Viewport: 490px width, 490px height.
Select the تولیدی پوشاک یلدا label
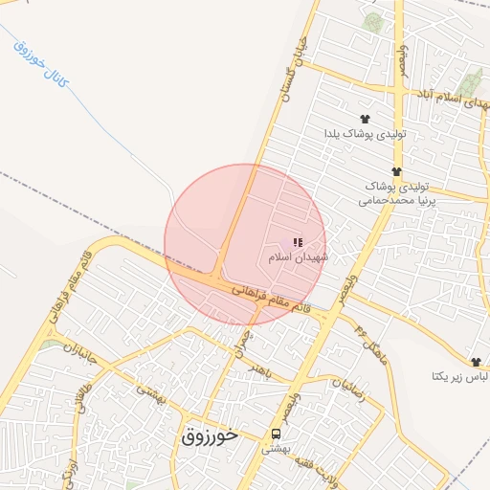[366, 134]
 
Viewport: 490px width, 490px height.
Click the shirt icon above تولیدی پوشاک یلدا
[364, 119]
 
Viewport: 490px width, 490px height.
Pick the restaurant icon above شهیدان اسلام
[299, 243]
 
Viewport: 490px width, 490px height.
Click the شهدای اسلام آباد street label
[451, 98]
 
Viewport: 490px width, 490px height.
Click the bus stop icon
[277, 433]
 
